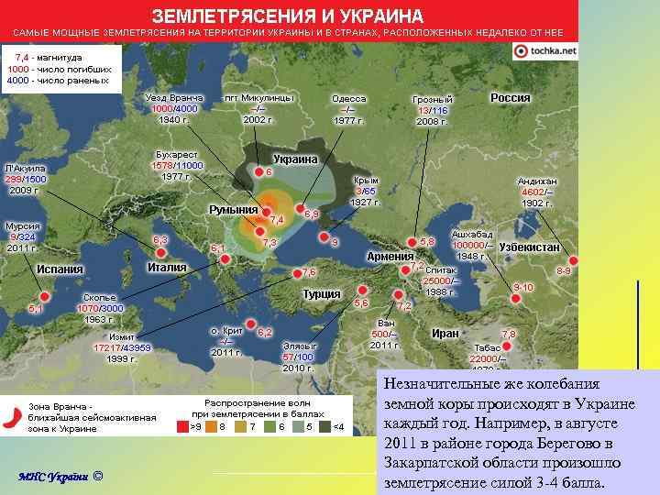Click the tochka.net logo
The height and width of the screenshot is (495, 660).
[545, 51]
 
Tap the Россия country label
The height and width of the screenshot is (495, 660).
[511, 98]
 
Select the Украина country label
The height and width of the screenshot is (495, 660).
[295, 159]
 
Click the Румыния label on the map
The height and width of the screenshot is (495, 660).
[234, 210]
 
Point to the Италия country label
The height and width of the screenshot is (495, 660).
[167, 268]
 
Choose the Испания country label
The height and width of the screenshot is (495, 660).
[60, 269]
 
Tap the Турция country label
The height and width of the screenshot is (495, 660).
[322, 294]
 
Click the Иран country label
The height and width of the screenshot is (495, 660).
[445, 334]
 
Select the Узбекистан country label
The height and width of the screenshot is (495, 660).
[530, 248]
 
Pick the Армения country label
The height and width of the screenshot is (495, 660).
[390, 257]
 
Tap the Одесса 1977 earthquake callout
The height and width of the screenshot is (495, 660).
[348, 109]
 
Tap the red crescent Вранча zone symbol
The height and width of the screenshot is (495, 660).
[12, 415]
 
